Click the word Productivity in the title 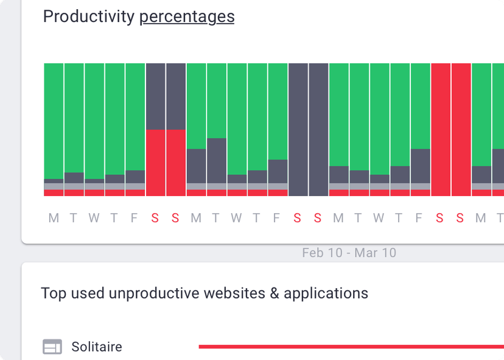coord(88,17)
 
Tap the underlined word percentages coord(187,17)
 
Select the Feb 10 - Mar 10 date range coord(349,252)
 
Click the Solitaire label coord(97,347)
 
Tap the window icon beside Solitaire coord(52,347)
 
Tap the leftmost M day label coord(54,218)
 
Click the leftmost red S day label coord(155,218)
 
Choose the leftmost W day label coord(94,218)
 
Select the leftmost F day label coord(135,218)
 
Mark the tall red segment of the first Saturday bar coord(155,162)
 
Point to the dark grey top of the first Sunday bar coord(176,96)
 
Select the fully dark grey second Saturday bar coord(298,129)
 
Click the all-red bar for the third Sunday coord(461,129)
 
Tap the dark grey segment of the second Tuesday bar coord(217,160)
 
